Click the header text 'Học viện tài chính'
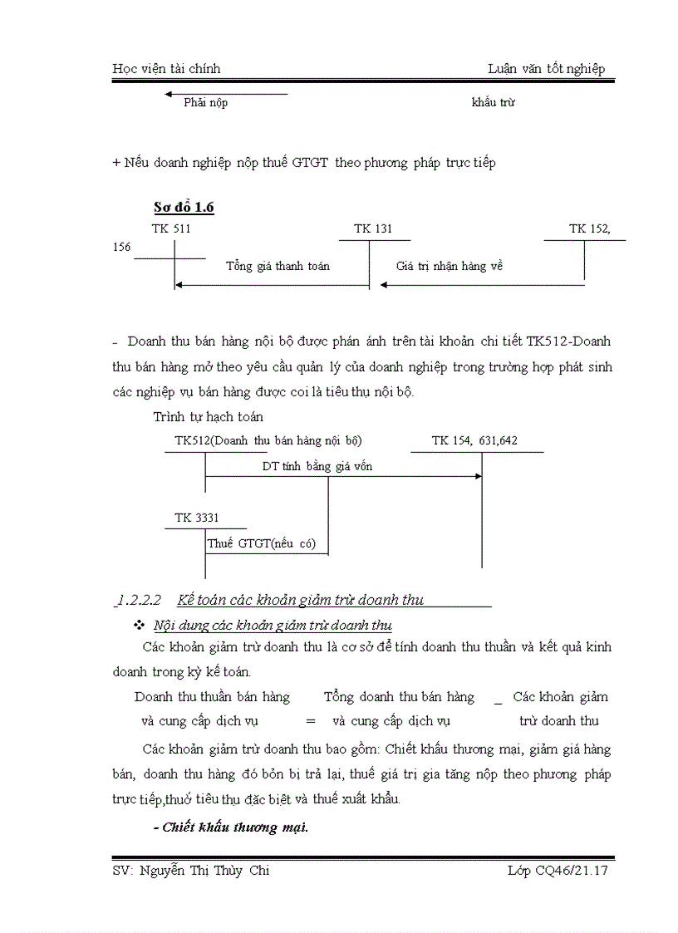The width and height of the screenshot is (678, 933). (166, 69)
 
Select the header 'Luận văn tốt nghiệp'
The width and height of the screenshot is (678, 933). (546, 69)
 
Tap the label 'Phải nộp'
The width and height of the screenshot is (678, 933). (205, 103)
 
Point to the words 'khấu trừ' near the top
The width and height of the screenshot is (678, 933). (494, 103)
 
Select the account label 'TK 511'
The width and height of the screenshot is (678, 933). (171, 228)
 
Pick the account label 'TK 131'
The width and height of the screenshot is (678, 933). (373, 228)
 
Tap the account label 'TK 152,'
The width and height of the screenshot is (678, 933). (589, 228)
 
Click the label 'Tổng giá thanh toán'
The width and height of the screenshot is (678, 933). (278, 266)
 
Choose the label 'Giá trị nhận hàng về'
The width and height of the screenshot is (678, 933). (450, 266)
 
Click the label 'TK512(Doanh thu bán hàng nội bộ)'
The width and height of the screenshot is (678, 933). (268, 440)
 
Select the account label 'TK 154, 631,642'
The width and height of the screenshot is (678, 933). (474, 440)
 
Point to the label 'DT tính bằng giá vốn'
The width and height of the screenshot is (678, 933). (317, 466)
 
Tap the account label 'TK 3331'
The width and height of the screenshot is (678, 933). (197, 518)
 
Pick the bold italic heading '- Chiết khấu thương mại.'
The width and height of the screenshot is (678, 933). (231, 827)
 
